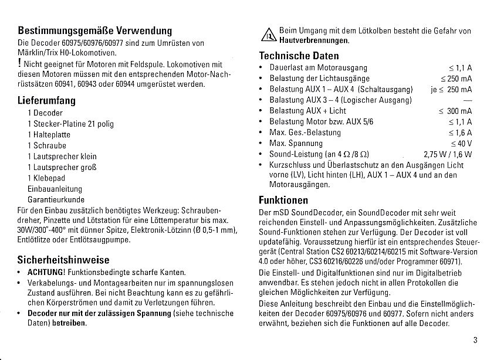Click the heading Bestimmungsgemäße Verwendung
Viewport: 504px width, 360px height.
(x=94, y=30)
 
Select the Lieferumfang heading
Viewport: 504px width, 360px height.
(x=47, y=100)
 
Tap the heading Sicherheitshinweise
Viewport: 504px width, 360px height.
(x=63, y=259)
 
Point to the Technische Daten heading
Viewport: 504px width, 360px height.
(x=299, y=56)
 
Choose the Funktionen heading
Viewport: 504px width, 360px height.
(x=283, y=199)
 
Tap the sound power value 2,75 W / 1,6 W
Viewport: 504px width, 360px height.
(x=448, y=155)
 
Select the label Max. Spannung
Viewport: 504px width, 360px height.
(x=296, y=144)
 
